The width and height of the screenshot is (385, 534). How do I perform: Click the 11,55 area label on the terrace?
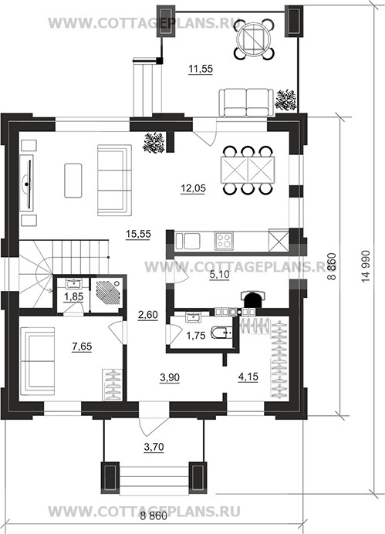[201, 69]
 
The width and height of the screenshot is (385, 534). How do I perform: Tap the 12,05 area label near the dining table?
[194, 188]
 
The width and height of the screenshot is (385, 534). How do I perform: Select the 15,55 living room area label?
[138, 235]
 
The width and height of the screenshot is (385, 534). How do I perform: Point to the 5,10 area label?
[220, 275]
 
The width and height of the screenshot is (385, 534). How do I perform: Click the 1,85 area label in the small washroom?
[73, 296]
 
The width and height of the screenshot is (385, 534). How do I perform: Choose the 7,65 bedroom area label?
[82, 346]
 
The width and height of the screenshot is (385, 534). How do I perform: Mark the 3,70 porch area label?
[154, 447]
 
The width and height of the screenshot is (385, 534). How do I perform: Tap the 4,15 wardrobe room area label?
[248, 377]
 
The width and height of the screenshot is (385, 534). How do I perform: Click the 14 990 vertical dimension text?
[366, 266]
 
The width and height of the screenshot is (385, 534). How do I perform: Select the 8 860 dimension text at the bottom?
[154, 516]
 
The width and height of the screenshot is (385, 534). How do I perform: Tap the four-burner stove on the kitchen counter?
[224, 241]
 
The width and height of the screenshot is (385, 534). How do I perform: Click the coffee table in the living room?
[73, 180]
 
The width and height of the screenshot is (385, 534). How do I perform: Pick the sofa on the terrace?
[246, 103]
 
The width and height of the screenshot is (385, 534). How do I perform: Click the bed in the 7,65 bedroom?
[38, 361]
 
